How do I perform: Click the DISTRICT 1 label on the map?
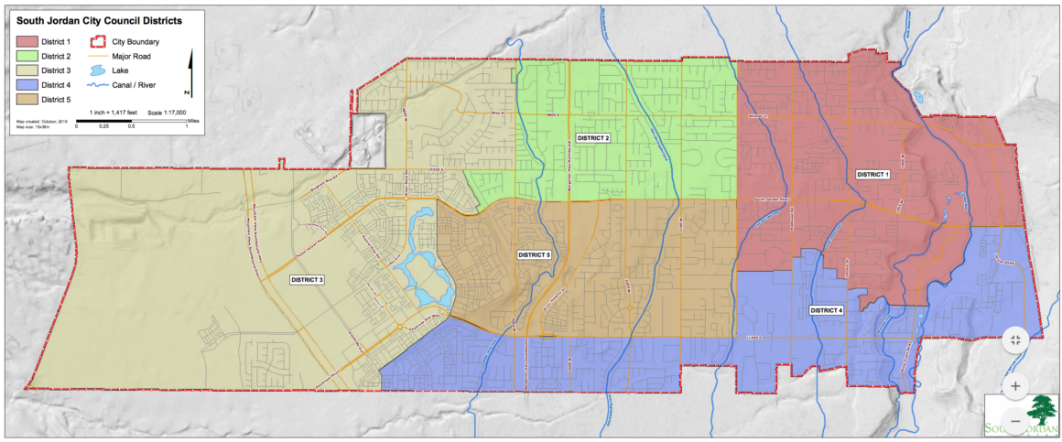(x=872, y=173)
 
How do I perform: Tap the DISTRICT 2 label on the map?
(x=592, y=137)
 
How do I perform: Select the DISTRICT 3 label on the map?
(x=308, y=279)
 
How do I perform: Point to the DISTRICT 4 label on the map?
(x=827, y=311)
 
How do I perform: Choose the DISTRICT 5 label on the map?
(x=534, y=254)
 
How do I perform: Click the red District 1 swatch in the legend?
(x=28, y=41)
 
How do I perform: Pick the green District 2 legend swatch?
(x=28, y=56)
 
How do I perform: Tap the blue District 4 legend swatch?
(x=28, y=84)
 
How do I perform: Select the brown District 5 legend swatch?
(x=28, y=99)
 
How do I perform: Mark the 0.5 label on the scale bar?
(x=131, y=126)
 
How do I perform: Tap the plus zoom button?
(x=1015, y=386)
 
